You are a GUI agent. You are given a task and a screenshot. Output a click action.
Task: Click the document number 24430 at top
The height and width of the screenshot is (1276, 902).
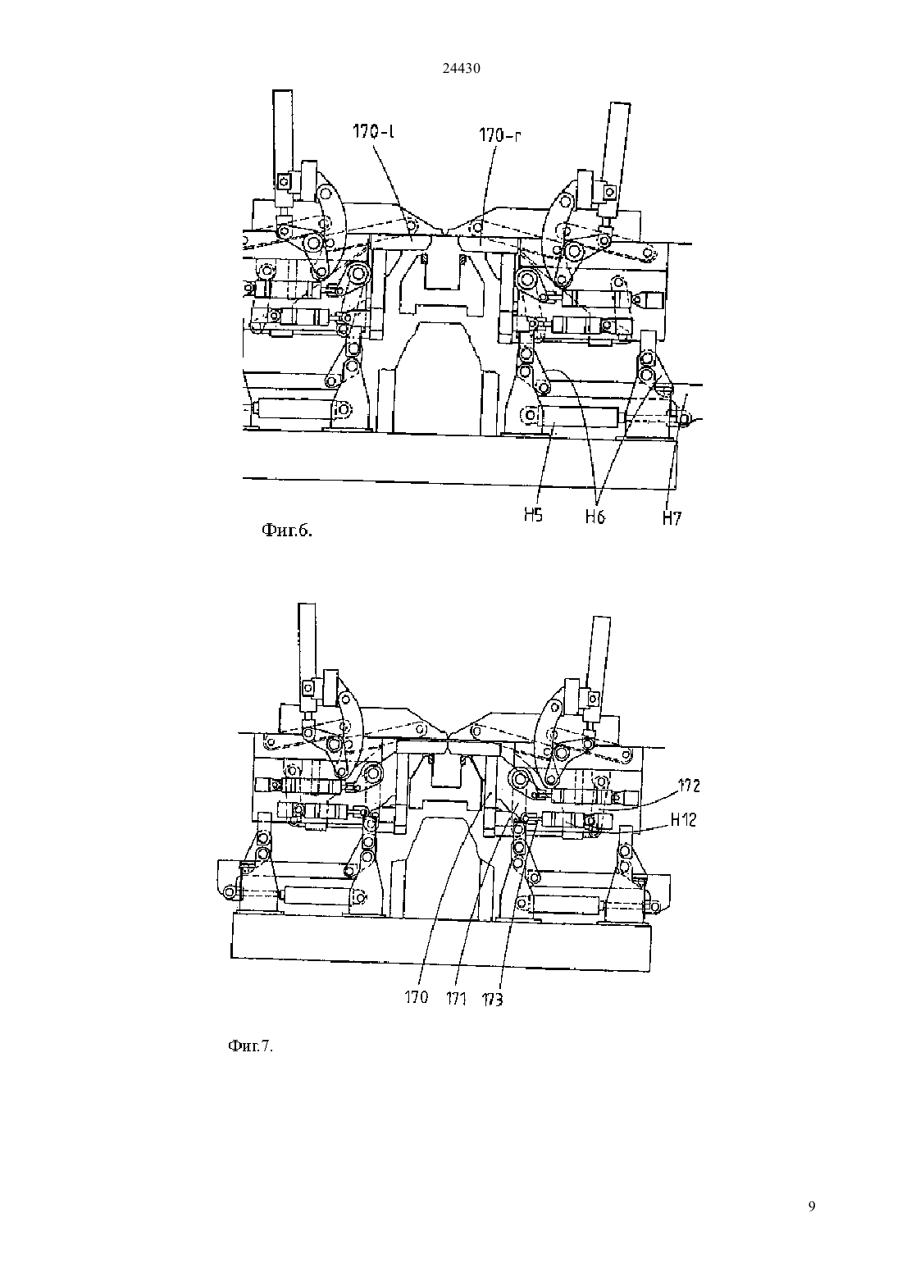click(461, 68)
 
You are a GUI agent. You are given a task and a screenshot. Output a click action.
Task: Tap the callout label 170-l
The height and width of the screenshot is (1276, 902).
click(374, 132)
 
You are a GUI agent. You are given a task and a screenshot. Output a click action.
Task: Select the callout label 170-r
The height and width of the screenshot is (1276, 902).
click(500, 135)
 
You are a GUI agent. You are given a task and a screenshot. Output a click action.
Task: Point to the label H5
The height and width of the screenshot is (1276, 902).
click(534, 515)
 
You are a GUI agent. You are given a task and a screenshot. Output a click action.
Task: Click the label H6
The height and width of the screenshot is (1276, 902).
click(595, 517)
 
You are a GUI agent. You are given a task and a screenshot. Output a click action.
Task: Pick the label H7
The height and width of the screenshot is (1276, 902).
click(672, 518)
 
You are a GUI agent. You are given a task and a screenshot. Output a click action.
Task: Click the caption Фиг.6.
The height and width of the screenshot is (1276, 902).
click(287, 531)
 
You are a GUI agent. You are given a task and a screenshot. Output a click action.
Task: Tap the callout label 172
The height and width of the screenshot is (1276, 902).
click(689, 786)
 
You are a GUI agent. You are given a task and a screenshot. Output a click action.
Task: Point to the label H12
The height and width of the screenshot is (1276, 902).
click(683, 820)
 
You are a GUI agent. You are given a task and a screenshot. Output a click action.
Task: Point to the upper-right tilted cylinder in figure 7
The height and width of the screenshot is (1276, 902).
click(599, 663)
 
